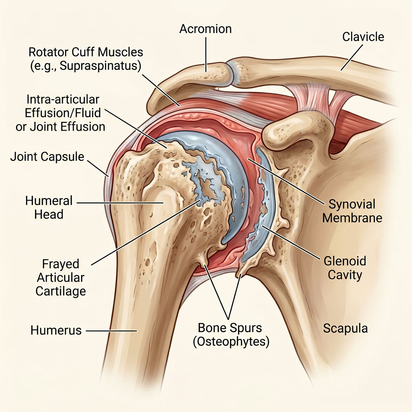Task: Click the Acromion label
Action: coord(206,29)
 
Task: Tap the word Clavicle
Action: coord(363,37)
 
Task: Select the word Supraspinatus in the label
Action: coord(100,66)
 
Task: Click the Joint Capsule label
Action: coord(47,157)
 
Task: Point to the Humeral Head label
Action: coord(49,208)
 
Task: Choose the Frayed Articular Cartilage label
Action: coord(61,277)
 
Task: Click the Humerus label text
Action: coord(56,330)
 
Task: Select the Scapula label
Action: coord(345,328)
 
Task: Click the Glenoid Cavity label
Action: coord(345,268)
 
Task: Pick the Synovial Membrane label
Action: coord(352,211)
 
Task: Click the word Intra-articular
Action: coord(63,100)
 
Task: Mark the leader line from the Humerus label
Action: coord(111,331)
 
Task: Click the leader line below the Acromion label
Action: coord(206,54)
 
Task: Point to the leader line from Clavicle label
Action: coord(352,57)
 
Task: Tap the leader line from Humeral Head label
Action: coord(120,203)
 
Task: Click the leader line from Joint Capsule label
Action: coord(97,168)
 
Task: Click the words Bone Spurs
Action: coord(230,328)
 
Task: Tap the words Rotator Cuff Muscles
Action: coord(86,52)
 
